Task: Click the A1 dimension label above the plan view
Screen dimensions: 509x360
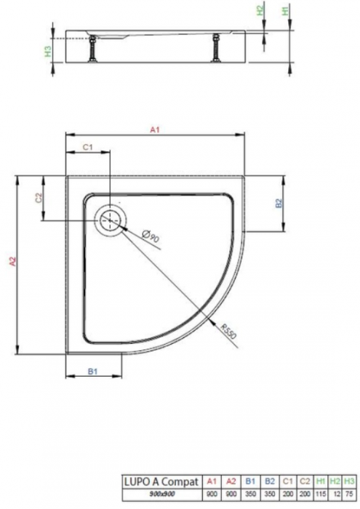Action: click(x=154, y=129)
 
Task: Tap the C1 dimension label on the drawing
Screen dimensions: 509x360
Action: click(x=87, y=148)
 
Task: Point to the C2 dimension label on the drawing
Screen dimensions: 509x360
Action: click(x=39, y=197)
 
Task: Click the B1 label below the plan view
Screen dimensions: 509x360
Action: click(x=93, y=372)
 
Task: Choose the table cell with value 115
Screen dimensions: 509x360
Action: click(x=320, y=493)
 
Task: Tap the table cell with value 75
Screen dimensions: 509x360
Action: click(x=351, y=493)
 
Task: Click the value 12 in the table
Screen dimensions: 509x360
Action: click(x=336, y=493)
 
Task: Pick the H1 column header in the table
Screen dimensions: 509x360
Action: click(x=320, y=481)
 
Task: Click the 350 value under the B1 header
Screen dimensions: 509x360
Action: click(x=249, y=493)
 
